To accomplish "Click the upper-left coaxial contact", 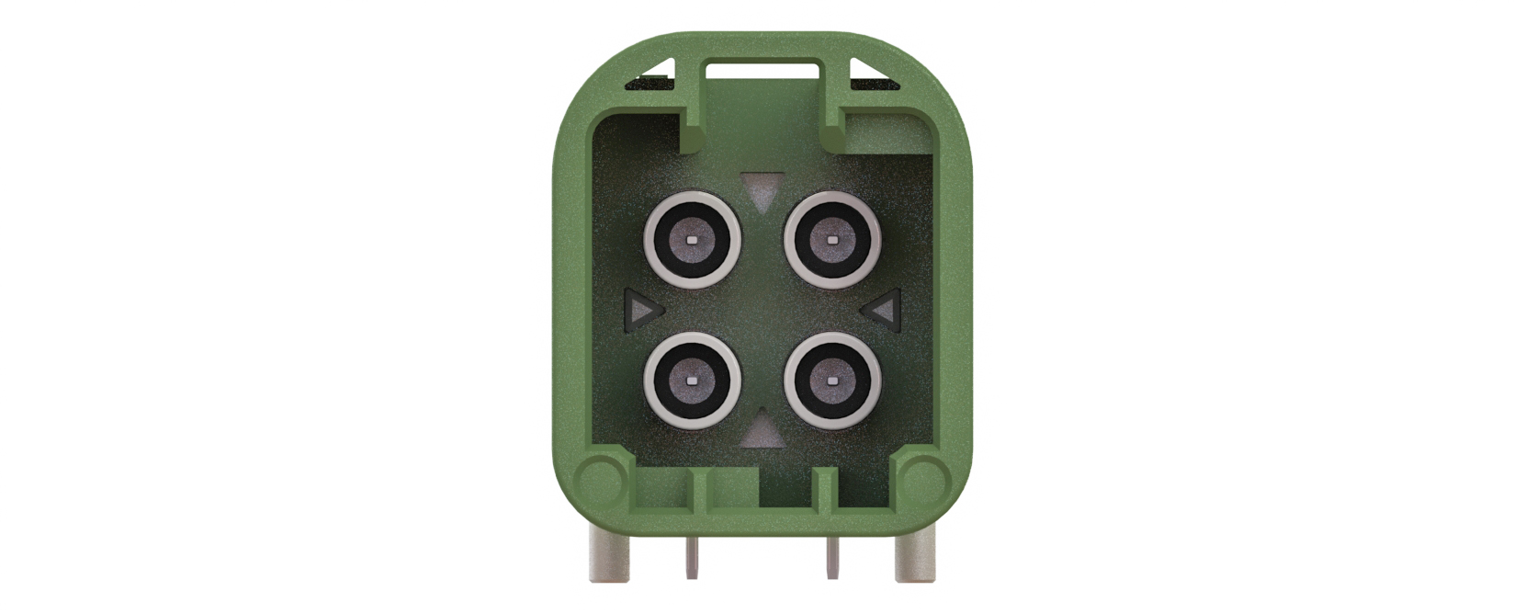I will pyautogui.click(x=692, y=241).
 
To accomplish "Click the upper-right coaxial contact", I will pyautogui.click(x=832, y=241).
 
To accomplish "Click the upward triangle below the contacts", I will pyautogui.click(x=762, y=430).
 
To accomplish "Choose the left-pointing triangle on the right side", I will pyautogui.click(x=884, y=311).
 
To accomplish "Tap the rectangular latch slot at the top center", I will pyautogui.click(x=762, y=69).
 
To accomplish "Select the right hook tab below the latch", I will pyautogui.click(x=835, y=130).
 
